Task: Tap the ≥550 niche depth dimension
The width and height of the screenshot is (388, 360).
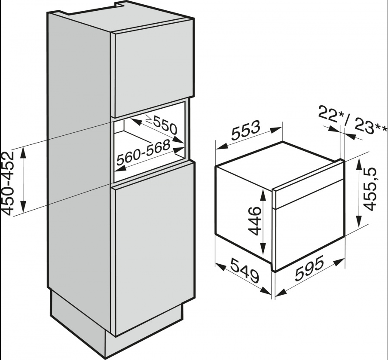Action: (x=161, y=125)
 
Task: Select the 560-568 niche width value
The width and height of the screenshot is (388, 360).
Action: (x=143, y=153)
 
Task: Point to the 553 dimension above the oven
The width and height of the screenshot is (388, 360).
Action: (x=246, y=130)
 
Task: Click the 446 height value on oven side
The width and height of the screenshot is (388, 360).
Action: (x=254, y=221)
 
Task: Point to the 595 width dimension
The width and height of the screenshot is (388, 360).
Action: (x=309, y=268)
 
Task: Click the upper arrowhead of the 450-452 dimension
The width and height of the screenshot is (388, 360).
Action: (x=23, y=151)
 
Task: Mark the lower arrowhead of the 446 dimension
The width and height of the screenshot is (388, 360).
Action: (x=263, y=247)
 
